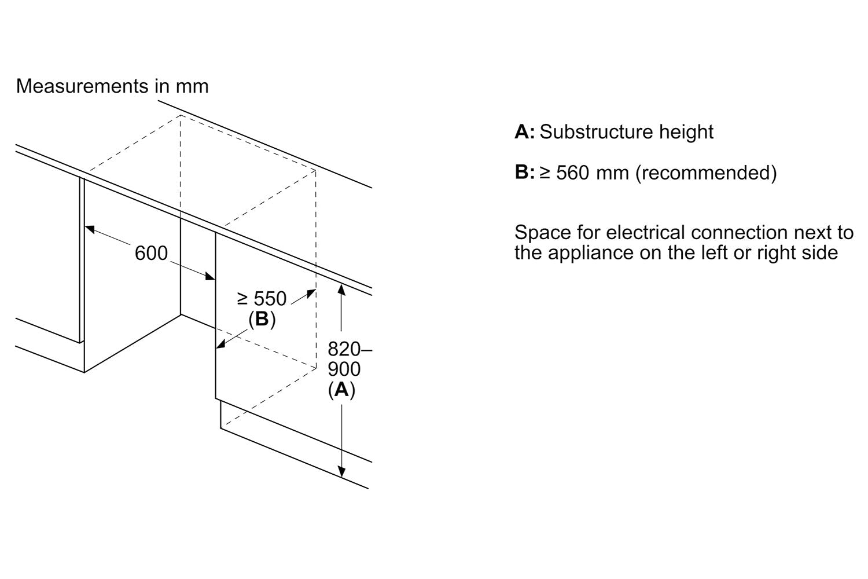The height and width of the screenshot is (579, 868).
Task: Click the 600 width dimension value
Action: [151, 253]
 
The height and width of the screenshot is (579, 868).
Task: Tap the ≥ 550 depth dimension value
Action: [262, 299]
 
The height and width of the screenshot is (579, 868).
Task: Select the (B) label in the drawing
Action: [262, 319]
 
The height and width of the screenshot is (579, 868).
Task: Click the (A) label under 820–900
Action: [341, 390]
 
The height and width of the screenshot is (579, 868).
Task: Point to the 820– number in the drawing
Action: [350, 349]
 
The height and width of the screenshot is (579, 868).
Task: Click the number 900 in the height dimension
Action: [344, 369]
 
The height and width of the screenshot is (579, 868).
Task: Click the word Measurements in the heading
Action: [82, 86]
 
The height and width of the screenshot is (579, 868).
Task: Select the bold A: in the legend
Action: [525, 131]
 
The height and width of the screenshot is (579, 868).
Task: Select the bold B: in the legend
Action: [525, 172]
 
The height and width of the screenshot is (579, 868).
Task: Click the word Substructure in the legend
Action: [597, 131]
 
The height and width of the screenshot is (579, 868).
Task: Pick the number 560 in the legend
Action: [573, 173]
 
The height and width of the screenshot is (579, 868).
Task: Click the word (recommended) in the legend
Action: [706, 173]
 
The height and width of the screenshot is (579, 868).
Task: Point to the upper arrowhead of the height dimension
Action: [341, 290]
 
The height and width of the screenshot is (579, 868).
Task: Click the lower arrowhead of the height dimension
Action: [341, 471]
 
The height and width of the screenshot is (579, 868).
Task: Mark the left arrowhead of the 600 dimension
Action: [90, 229]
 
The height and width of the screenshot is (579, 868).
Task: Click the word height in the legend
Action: [686, 132]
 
